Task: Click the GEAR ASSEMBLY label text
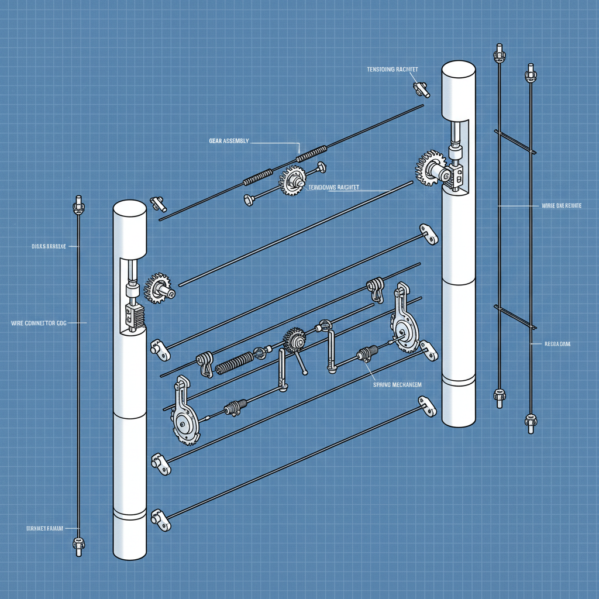229,141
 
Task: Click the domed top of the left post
129,208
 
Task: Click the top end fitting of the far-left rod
77,206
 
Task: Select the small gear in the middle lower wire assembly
294,340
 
